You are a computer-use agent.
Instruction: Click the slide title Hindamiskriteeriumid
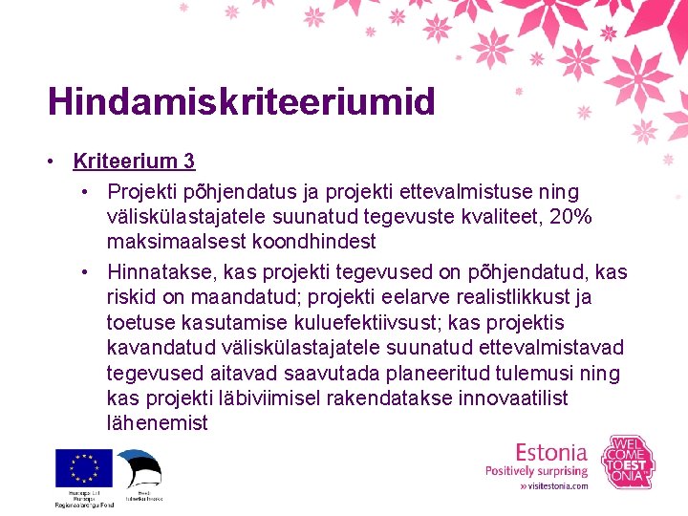(x=241, y=101)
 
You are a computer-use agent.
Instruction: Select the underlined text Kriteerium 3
(x=133, y=161)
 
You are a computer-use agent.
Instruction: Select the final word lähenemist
(x=158, y=421)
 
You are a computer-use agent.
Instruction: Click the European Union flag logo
(x=84, y=469)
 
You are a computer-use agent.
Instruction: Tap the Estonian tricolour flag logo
(x=140, y=469)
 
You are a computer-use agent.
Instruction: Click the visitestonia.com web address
(x=554, y=485)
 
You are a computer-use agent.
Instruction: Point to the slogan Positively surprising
(x=536, y=470)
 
